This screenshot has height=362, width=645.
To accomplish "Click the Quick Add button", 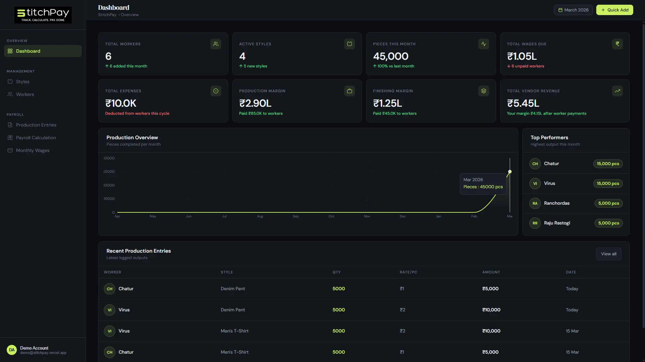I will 614,10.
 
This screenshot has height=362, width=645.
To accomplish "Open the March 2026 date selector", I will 573,10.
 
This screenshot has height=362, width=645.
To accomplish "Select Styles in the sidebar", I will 23,82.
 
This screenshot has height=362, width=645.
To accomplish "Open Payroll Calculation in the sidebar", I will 36,138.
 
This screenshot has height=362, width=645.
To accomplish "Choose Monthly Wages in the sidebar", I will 33,150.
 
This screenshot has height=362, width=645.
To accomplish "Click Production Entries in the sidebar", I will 36,125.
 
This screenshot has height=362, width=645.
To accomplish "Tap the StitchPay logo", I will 43,15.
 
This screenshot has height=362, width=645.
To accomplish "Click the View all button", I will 608,254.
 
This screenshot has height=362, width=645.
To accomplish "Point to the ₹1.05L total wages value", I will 522,56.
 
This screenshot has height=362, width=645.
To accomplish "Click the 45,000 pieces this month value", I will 391,56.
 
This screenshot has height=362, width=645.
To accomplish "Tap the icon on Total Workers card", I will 215,44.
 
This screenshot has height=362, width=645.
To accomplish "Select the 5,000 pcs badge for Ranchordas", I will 608,203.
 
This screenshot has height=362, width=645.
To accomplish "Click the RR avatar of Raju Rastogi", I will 535,223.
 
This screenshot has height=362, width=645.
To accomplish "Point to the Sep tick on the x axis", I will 295,216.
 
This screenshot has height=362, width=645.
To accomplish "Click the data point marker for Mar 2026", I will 510,172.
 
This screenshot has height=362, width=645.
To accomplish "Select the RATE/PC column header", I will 408,272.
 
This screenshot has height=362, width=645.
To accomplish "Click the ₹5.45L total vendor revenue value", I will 523,103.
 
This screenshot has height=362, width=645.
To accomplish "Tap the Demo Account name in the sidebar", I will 34,348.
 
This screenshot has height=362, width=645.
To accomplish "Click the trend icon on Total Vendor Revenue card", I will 617,91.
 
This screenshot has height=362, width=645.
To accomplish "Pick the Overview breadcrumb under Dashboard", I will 130,15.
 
